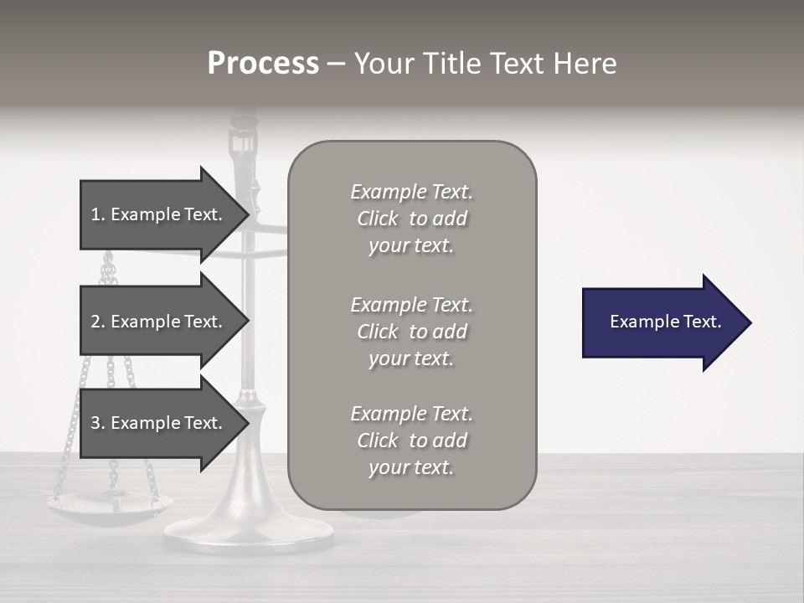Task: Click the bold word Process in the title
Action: (x=263, y=64)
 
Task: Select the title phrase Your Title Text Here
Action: (x=485, y=64)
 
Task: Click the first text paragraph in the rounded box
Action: (x=411, y=219)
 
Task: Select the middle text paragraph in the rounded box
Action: (x=411, y=332)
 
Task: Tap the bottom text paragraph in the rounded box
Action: (x=411, y=441)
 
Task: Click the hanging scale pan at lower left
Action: (x=109, y=506)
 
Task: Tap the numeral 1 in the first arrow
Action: (x=95, y=214)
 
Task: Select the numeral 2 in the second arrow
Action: (x=95, y=322)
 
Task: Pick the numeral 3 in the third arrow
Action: (x=95, y=423)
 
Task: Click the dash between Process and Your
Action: (x=336, y=64)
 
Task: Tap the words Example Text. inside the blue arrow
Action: (x=666, y=322)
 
